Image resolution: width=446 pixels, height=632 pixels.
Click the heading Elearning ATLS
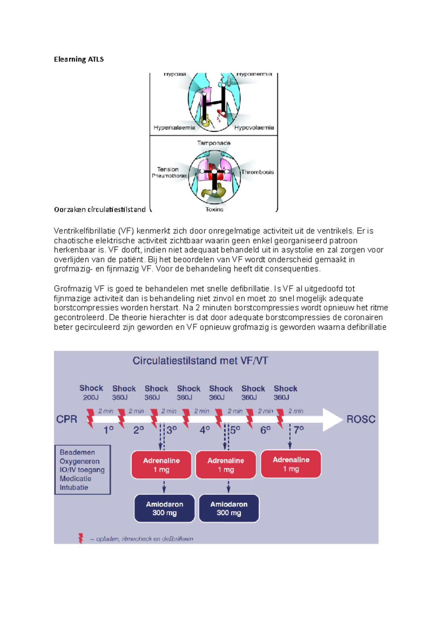[79, 59]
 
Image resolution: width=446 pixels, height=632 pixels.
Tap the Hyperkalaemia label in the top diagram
[174, 128]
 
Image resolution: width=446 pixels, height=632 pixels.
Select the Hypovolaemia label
[254, 128]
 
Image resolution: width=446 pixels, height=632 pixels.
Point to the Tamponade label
[214, 143]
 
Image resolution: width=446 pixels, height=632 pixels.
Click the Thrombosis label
[257, 172]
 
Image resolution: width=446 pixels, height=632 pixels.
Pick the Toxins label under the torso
[214, 210]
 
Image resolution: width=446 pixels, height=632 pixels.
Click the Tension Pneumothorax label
[169, 172]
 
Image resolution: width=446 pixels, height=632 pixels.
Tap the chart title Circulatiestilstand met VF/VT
[200, 361]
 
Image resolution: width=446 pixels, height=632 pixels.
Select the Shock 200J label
[91, 392]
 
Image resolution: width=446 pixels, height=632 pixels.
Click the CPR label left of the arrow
[67, 419]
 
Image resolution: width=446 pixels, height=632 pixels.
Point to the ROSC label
[361, 419]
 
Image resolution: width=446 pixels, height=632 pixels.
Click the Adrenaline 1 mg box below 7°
[291, 464]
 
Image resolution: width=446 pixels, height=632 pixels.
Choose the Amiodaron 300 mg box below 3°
[164, 508]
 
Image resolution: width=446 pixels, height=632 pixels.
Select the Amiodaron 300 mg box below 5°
[229, 508]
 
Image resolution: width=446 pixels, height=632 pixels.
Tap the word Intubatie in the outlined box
[74, 488]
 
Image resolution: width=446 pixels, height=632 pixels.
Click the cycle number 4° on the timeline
[205, 430]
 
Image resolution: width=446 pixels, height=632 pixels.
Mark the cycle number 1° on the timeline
[109, 430]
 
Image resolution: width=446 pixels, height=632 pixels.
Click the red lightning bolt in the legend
[81, 538]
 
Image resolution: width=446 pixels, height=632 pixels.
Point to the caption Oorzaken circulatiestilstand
[100, 210]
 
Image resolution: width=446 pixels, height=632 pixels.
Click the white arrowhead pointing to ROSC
[332, 419]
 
